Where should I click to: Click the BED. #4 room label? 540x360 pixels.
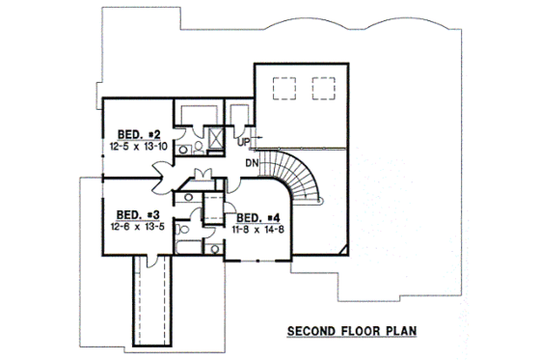tap(257, 217)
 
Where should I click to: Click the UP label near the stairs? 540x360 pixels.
tap(242, 144)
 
